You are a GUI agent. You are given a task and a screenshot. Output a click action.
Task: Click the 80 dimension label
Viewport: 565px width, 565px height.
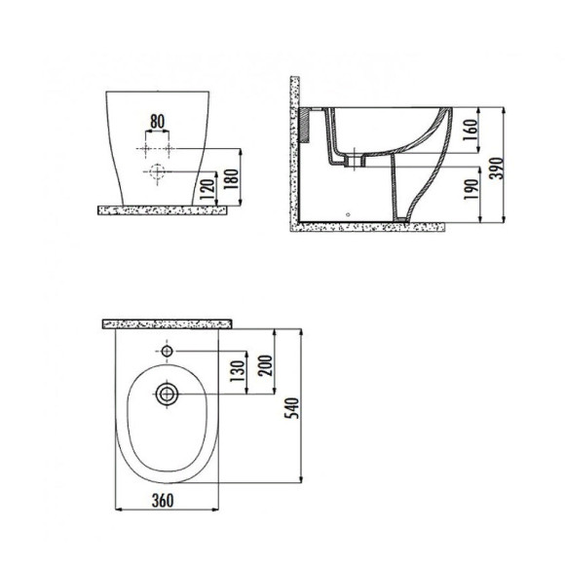[x=157, y=122]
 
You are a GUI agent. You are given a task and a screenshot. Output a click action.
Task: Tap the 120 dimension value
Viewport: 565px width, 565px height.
[x=207, y=186]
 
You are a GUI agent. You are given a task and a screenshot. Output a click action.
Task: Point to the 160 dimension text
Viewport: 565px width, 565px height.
[x=470, y=130]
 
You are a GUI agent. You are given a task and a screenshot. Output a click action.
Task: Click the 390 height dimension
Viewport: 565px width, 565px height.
[x=497, y=168]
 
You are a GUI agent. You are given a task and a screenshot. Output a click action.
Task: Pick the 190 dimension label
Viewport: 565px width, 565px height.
[x=470, y=188]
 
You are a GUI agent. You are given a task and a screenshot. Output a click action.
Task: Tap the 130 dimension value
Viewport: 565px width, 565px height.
[x=238, y=371]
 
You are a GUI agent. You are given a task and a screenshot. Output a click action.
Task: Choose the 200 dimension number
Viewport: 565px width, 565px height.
[x=265, y=365]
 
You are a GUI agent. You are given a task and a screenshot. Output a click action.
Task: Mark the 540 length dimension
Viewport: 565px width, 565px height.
[x=292, y=408]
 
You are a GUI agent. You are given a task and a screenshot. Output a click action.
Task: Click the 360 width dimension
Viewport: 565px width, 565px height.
[x=163, y=500]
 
